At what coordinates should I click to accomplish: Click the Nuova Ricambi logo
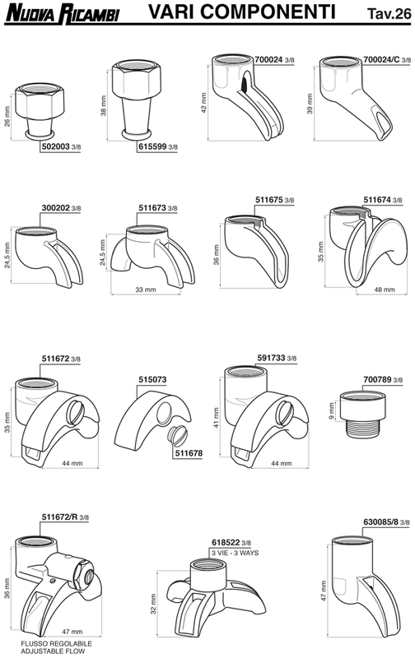tap(62, 12)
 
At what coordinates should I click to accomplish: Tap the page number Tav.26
tap(389, 13)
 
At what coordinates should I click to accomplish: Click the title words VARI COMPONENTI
tap(242, 12)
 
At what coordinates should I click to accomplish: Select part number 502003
tap(55, 147)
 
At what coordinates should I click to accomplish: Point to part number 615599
tap(152, 147)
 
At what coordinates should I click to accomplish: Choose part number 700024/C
tap(381, 59)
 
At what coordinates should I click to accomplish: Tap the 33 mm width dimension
tap(146, 290)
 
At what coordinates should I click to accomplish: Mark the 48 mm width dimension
tap(385, 290)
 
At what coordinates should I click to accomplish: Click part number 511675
tap(269, 200)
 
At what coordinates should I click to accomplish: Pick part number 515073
tap(152, 379)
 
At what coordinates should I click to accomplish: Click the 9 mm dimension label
tap(332, 411)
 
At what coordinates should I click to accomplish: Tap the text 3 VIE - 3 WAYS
tap(235, 553)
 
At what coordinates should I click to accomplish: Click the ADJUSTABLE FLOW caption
tap(53, 651)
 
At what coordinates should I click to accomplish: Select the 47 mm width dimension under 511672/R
tap(72, 632)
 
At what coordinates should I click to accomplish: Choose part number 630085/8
tap(380, 522)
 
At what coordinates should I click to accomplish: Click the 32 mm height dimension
tap(153, 604)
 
